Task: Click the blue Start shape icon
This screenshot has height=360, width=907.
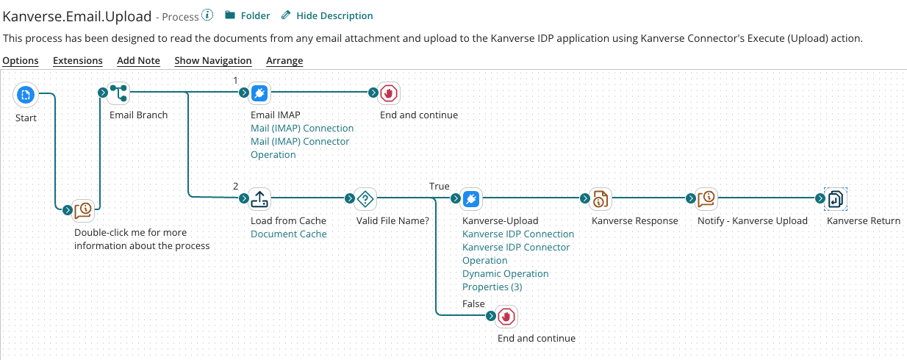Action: (26, 93)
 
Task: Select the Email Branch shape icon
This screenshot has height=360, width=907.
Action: (119, 93)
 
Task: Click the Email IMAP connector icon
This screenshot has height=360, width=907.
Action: (259, 93)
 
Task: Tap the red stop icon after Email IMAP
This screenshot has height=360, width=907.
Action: (389, 93)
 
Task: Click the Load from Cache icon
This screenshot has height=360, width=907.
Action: (259, 198)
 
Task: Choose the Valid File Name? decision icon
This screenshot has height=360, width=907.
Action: (365, 198)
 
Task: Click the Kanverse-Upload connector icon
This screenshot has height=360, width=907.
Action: (472, 198)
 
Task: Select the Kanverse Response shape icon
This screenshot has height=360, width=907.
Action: (601, 198)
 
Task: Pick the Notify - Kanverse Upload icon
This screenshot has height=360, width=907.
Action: (706, 198)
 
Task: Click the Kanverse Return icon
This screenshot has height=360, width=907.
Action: (836, 198)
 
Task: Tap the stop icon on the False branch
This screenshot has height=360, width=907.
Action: (506, 316)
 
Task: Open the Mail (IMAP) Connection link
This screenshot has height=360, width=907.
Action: (302, 128)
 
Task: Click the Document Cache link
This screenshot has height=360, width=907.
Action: (289, 234)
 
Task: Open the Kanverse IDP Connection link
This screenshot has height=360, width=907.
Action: (518, 234)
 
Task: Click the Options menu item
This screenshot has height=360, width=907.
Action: (21, 60)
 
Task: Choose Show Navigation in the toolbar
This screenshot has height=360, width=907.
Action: (212, 60)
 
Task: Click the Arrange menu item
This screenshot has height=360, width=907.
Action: (284, 60)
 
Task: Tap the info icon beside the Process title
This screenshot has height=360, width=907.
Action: (208, 15)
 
